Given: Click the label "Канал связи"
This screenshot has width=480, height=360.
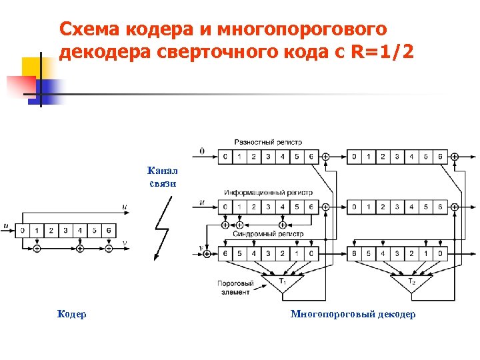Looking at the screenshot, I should (x=162, y=177).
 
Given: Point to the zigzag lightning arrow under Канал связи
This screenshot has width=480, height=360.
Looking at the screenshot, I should (x=161, y=229).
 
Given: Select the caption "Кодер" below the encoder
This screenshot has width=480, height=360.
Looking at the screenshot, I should (x=71, y=314).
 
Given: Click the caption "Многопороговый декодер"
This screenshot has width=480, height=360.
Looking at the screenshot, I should (x=353, y=314).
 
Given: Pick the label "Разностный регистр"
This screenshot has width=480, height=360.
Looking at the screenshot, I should (x=268, y=142).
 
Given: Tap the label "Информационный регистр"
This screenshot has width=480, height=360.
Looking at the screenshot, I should (x=268, y=192).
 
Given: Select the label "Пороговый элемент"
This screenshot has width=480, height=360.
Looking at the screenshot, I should (x=235, y=287).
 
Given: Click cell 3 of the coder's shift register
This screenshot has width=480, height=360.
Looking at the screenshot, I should (x=65, y=231).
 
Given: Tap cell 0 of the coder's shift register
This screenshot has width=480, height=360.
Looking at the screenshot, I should (x=23, y=231).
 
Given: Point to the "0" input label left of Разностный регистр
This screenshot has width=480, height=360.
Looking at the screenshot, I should (x=202, y=151).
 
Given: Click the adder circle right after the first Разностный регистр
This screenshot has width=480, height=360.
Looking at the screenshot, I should (x=325, y=157).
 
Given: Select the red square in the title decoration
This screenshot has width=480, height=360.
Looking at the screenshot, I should (x=21, y=86).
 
